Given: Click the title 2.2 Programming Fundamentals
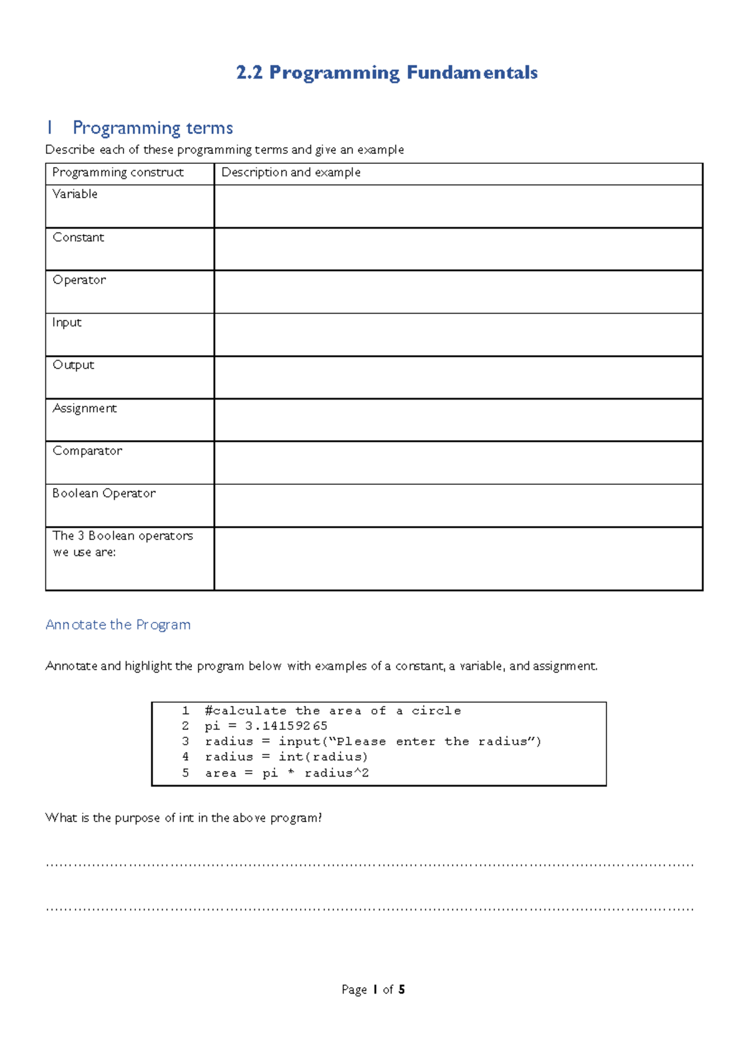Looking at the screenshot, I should [386, 73].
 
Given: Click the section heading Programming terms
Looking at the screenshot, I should [152, 128].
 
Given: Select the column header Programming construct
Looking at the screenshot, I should [118, 173].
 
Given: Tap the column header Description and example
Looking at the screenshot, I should [290, 173].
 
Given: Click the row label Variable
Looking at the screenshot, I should [75, 194].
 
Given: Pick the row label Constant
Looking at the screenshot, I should [79, 237].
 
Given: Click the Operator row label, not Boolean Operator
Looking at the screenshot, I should [79, 280].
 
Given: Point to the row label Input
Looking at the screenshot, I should [67, 323].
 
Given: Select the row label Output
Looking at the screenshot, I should [74, 365].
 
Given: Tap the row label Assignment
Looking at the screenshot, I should [85, 408].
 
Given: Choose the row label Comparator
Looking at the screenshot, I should [87, 451].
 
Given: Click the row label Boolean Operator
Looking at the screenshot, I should [104, 494].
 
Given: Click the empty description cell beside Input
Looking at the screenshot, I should [458, 335].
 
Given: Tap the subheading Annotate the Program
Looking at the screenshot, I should [118, 625].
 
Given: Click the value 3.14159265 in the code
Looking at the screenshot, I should [286, 726].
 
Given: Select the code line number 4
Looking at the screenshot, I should [185, 757].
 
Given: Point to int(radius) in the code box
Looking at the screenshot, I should [323, 757].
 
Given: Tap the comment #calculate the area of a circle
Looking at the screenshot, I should [333, 711].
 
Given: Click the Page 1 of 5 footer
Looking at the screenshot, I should [373, 990].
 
